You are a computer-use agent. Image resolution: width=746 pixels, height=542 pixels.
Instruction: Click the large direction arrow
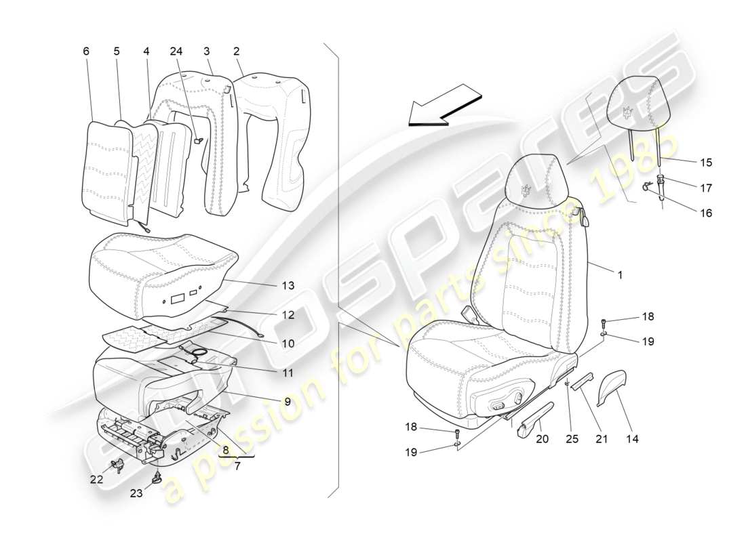(x=444, y=105)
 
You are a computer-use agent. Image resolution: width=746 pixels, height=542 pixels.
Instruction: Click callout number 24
(x=176, y=51)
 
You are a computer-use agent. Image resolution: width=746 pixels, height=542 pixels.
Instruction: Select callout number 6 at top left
(x=86, y=51)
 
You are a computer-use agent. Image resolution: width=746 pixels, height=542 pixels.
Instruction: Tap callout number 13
(x=288, y=286)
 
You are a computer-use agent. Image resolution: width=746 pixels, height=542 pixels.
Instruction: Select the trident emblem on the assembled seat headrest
(x=525, y=189)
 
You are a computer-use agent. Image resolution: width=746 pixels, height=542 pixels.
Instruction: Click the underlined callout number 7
(x=235, y=467)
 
